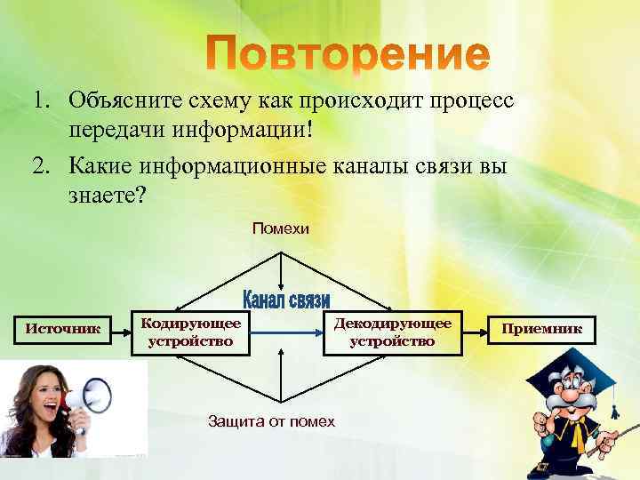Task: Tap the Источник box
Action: pos(61,330)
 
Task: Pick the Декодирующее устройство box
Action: pos(392,331)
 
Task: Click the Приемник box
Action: pos(541,329)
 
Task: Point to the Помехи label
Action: pos(281,229)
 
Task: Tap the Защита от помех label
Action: pos(271,421)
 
